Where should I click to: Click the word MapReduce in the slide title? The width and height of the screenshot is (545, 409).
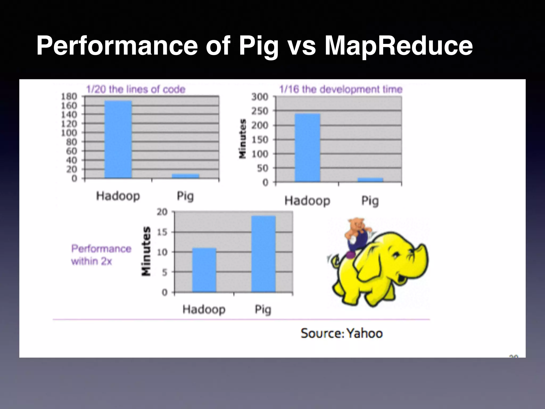(398, 46)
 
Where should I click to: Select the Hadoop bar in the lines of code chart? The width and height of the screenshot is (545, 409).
(118, 139)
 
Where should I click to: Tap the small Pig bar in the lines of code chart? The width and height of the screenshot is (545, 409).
(185, 176)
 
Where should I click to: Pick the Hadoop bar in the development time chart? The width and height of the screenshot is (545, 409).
(307, 148)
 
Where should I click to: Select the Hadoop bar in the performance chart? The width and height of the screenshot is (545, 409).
(204, 270)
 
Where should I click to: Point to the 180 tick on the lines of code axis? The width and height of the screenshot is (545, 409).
(69, 96)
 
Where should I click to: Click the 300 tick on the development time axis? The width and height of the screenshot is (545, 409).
(260, 97)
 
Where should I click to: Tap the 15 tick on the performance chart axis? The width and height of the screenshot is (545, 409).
(162, 232)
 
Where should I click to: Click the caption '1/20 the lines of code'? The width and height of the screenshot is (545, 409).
(136, 89)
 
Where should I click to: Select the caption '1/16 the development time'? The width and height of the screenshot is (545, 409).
(341, 89)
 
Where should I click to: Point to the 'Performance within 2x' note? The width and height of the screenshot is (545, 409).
(101, 255)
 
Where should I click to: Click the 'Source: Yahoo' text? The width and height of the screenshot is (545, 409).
(342, 333)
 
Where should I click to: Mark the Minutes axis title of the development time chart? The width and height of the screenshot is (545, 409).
(242, 139)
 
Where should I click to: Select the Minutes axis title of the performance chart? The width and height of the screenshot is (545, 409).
(146, 251)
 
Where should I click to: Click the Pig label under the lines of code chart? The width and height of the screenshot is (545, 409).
(185, 196)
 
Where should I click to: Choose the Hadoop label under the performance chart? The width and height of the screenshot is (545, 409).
(204, 309)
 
